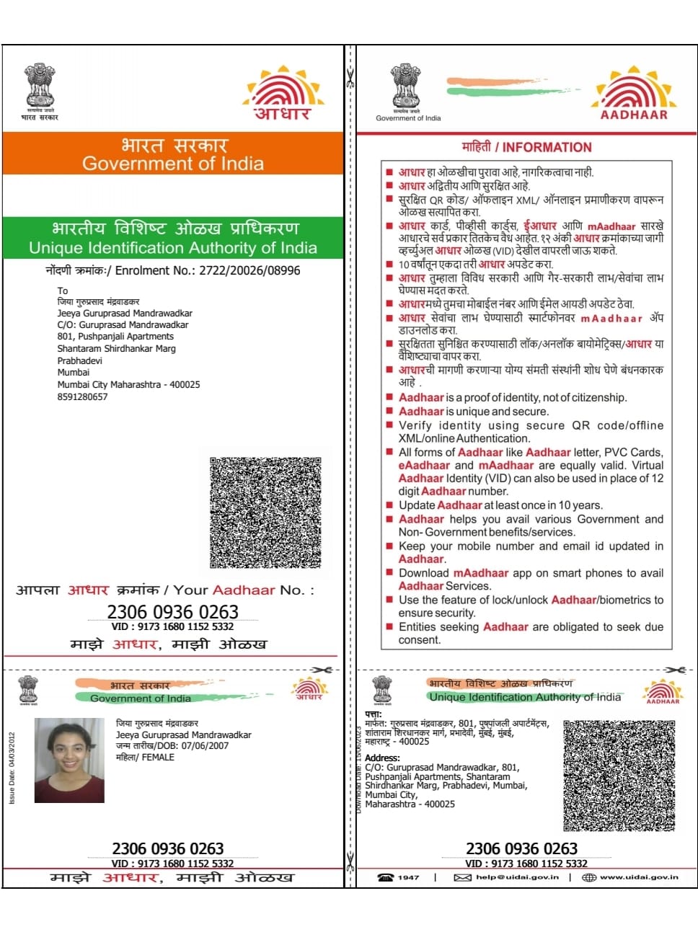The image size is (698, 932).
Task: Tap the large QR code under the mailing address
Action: (x=265, y=512)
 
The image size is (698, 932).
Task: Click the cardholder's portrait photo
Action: (x=69, y=760)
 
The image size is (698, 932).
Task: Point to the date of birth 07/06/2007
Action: (x=205, y=746)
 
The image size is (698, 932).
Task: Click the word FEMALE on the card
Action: (x=158, y=758)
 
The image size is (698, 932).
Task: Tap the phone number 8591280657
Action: (x=82, y=397)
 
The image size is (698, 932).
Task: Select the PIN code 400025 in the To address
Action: (x=185, y=385)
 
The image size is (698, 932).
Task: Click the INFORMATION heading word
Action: (x=547, y=147)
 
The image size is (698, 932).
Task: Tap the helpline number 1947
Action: (x=407, y=877)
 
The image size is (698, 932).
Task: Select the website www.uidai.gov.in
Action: (x=639, y=877)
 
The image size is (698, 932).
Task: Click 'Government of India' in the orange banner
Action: (x=173, y=164)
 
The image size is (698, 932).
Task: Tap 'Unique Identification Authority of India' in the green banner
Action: (x=173, y=248)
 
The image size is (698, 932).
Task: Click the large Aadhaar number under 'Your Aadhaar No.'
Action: (x=172, y=612)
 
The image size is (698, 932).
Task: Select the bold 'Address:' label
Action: (x=382, y=758)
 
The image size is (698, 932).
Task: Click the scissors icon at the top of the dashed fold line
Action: (x=350, y=77)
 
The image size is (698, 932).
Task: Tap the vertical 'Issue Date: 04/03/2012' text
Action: (x=12, y=768)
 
